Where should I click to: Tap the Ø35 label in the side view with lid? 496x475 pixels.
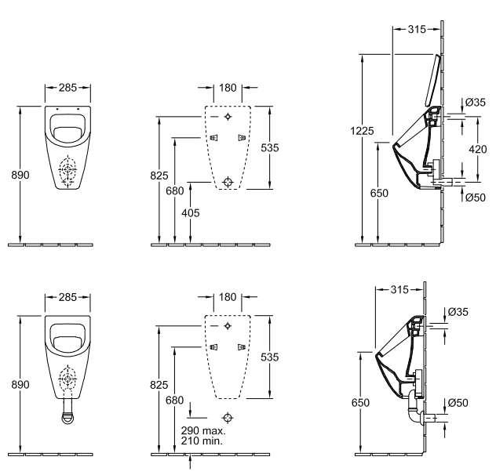pyautogui.click(x=474, y=103)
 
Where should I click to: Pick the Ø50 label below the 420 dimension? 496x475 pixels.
pyautogui.click(x=474, y=198)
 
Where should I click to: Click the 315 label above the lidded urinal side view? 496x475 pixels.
pyautogui.click(x=417, y=29)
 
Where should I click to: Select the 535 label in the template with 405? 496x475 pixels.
pyautogui.click(x=270, y=147)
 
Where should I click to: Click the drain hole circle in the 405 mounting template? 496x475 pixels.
pyautogui.click(x=228, y=182)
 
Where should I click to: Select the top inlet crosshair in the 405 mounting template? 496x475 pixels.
pyautogui.click(x=228, y=117)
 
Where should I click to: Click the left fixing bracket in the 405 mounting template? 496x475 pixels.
pyautogui.click(x=213, y=138)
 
